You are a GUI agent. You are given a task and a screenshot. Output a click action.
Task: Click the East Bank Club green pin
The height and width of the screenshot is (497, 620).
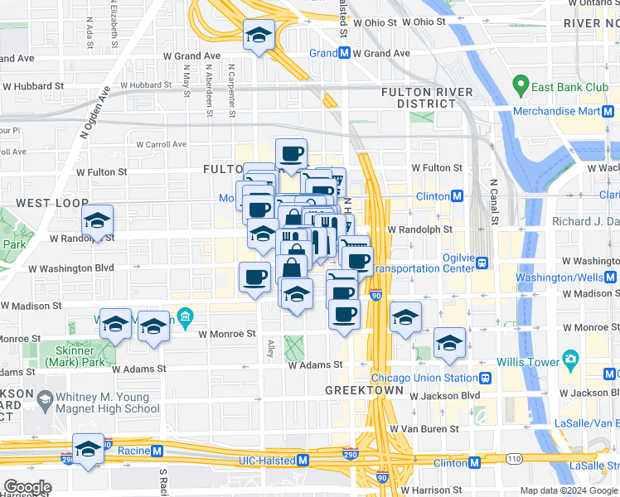click(521, 84)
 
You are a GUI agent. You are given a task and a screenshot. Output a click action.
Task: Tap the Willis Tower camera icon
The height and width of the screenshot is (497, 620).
click(570, 359)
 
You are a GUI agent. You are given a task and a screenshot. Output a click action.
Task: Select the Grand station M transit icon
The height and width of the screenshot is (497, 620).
click(342, 53)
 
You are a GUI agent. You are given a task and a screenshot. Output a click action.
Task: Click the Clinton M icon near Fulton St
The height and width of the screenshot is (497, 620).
click(457, 196)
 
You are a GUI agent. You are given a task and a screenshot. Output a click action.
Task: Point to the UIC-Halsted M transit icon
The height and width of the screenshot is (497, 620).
click(303, 460)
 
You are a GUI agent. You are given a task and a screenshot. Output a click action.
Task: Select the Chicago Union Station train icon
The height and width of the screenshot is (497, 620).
click(486, 378)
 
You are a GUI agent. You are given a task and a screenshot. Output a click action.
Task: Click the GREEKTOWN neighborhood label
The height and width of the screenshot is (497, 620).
click(364, 389)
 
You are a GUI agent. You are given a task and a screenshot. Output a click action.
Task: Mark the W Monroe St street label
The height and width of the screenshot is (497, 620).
click(227, 334)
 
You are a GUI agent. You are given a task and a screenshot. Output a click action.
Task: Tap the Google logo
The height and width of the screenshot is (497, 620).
click(27, 486)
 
